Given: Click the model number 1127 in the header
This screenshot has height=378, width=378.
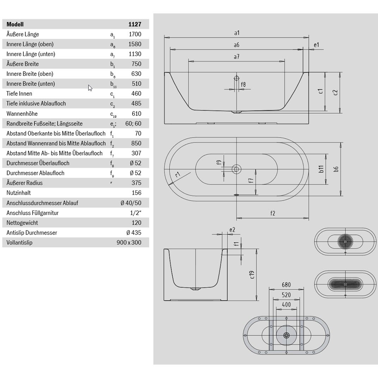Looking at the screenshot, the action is point(135,24).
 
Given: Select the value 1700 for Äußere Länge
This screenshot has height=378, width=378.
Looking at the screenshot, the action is point(135,34).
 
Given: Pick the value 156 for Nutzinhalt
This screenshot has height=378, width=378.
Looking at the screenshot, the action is point(136,193).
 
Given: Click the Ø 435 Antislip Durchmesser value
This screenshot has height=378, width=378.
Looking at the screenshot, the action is point(134,233).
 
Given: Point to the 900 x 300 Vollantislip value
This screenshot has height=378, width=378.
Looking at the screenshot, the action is point(129,243).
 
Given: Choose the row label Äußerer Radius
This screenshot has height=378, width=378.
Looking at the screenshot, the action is point(24,183).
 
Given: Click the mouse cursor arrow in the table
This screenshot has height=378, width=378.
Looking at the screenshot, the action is point(90,88).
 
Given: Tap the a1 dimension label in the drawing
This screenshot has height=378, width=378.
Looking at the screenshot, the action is point(237,33).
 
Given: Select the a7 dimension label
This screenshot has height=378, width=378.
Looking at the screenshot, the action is point(237,57).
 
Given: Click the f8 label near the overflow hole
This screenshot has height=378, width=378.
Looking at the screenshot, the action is point(243,84).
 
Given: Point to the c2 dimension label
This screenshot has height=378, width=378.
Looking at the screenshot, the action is point(335,93).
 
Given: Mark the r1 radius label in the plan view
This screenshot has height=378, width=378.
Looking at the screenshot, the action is point(178,174).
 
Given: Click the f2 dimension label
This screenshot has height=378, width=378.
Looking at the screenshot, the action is point(273,213).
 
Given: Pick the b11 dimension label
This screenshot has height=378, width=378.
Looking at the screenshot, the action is point(321,169).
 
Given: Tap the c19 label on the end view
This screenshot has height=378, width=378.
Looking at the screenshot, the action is point(252,275).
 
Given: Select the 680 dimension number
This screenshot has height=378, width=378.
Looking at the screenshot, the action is point(286,285).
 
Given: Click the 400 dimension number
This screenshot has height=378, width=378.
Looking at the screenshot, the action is point(286,305).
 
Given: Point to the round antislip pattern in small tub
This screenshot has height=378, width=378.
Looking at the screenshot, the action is point(345,241).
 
